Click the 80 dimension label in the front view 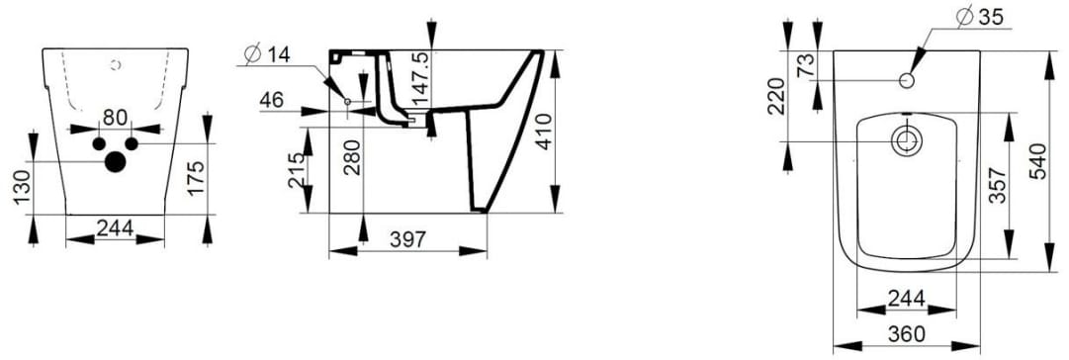[115, 118]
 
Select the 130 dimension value [23, 188]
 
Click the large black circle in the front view [116, 161]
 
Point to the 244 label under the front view [115, 227]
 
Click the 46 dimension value [272, 100]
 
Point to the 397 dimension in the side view [407, 238]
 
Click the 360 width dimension [906, 336]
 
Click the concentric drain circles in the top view [905, 141]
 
